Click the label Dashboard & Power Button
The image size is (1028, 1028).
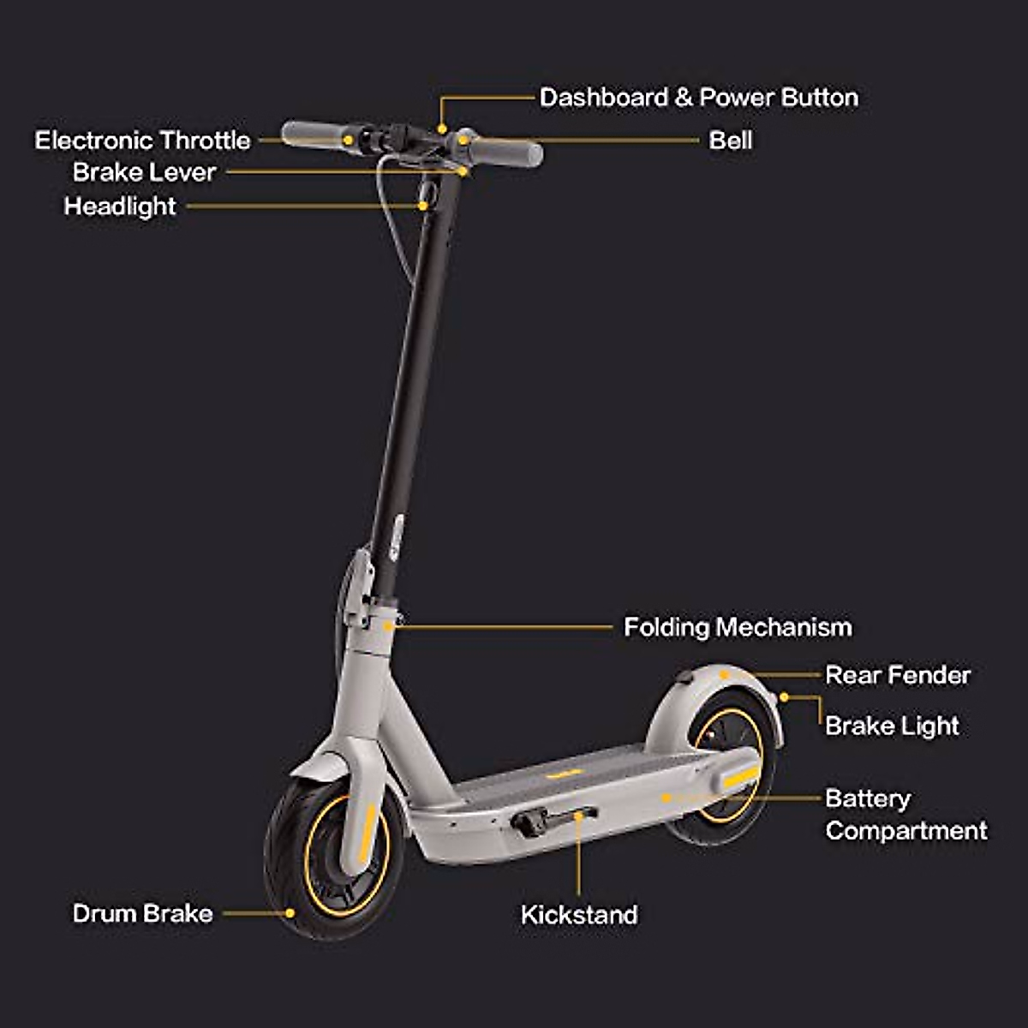tap(698, 98)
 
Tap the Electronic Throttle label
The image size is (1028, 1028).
tap(142, 140)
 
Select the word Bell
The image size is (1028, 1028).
tap(730, 140)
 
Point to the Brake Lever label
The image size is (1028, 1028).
tap(144, 172)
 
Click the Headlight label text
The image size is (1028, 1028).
tap(120, 206)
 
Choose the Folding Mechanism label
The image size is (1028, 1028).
tap(738, 627)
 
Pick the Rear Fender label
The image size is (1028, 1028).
tap(897, 675)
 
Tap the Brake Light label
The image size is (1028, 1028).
tap(892, 726)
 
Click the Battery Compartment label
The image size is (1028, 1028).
tap(905, 815)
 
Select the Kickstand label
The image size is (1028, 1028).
tap(579, 915)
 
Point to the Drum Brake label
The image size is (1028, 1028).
tap(142, 913)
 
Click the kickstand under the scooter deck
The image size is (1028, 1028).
tap(553, 818)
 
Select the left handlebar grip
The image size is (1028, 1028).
tap(313, 134)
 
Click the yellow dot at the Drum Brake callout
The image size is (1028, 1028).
tap(290, 913)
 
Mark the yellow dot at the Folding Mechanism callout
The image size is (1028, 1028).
tap(388, 627)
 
